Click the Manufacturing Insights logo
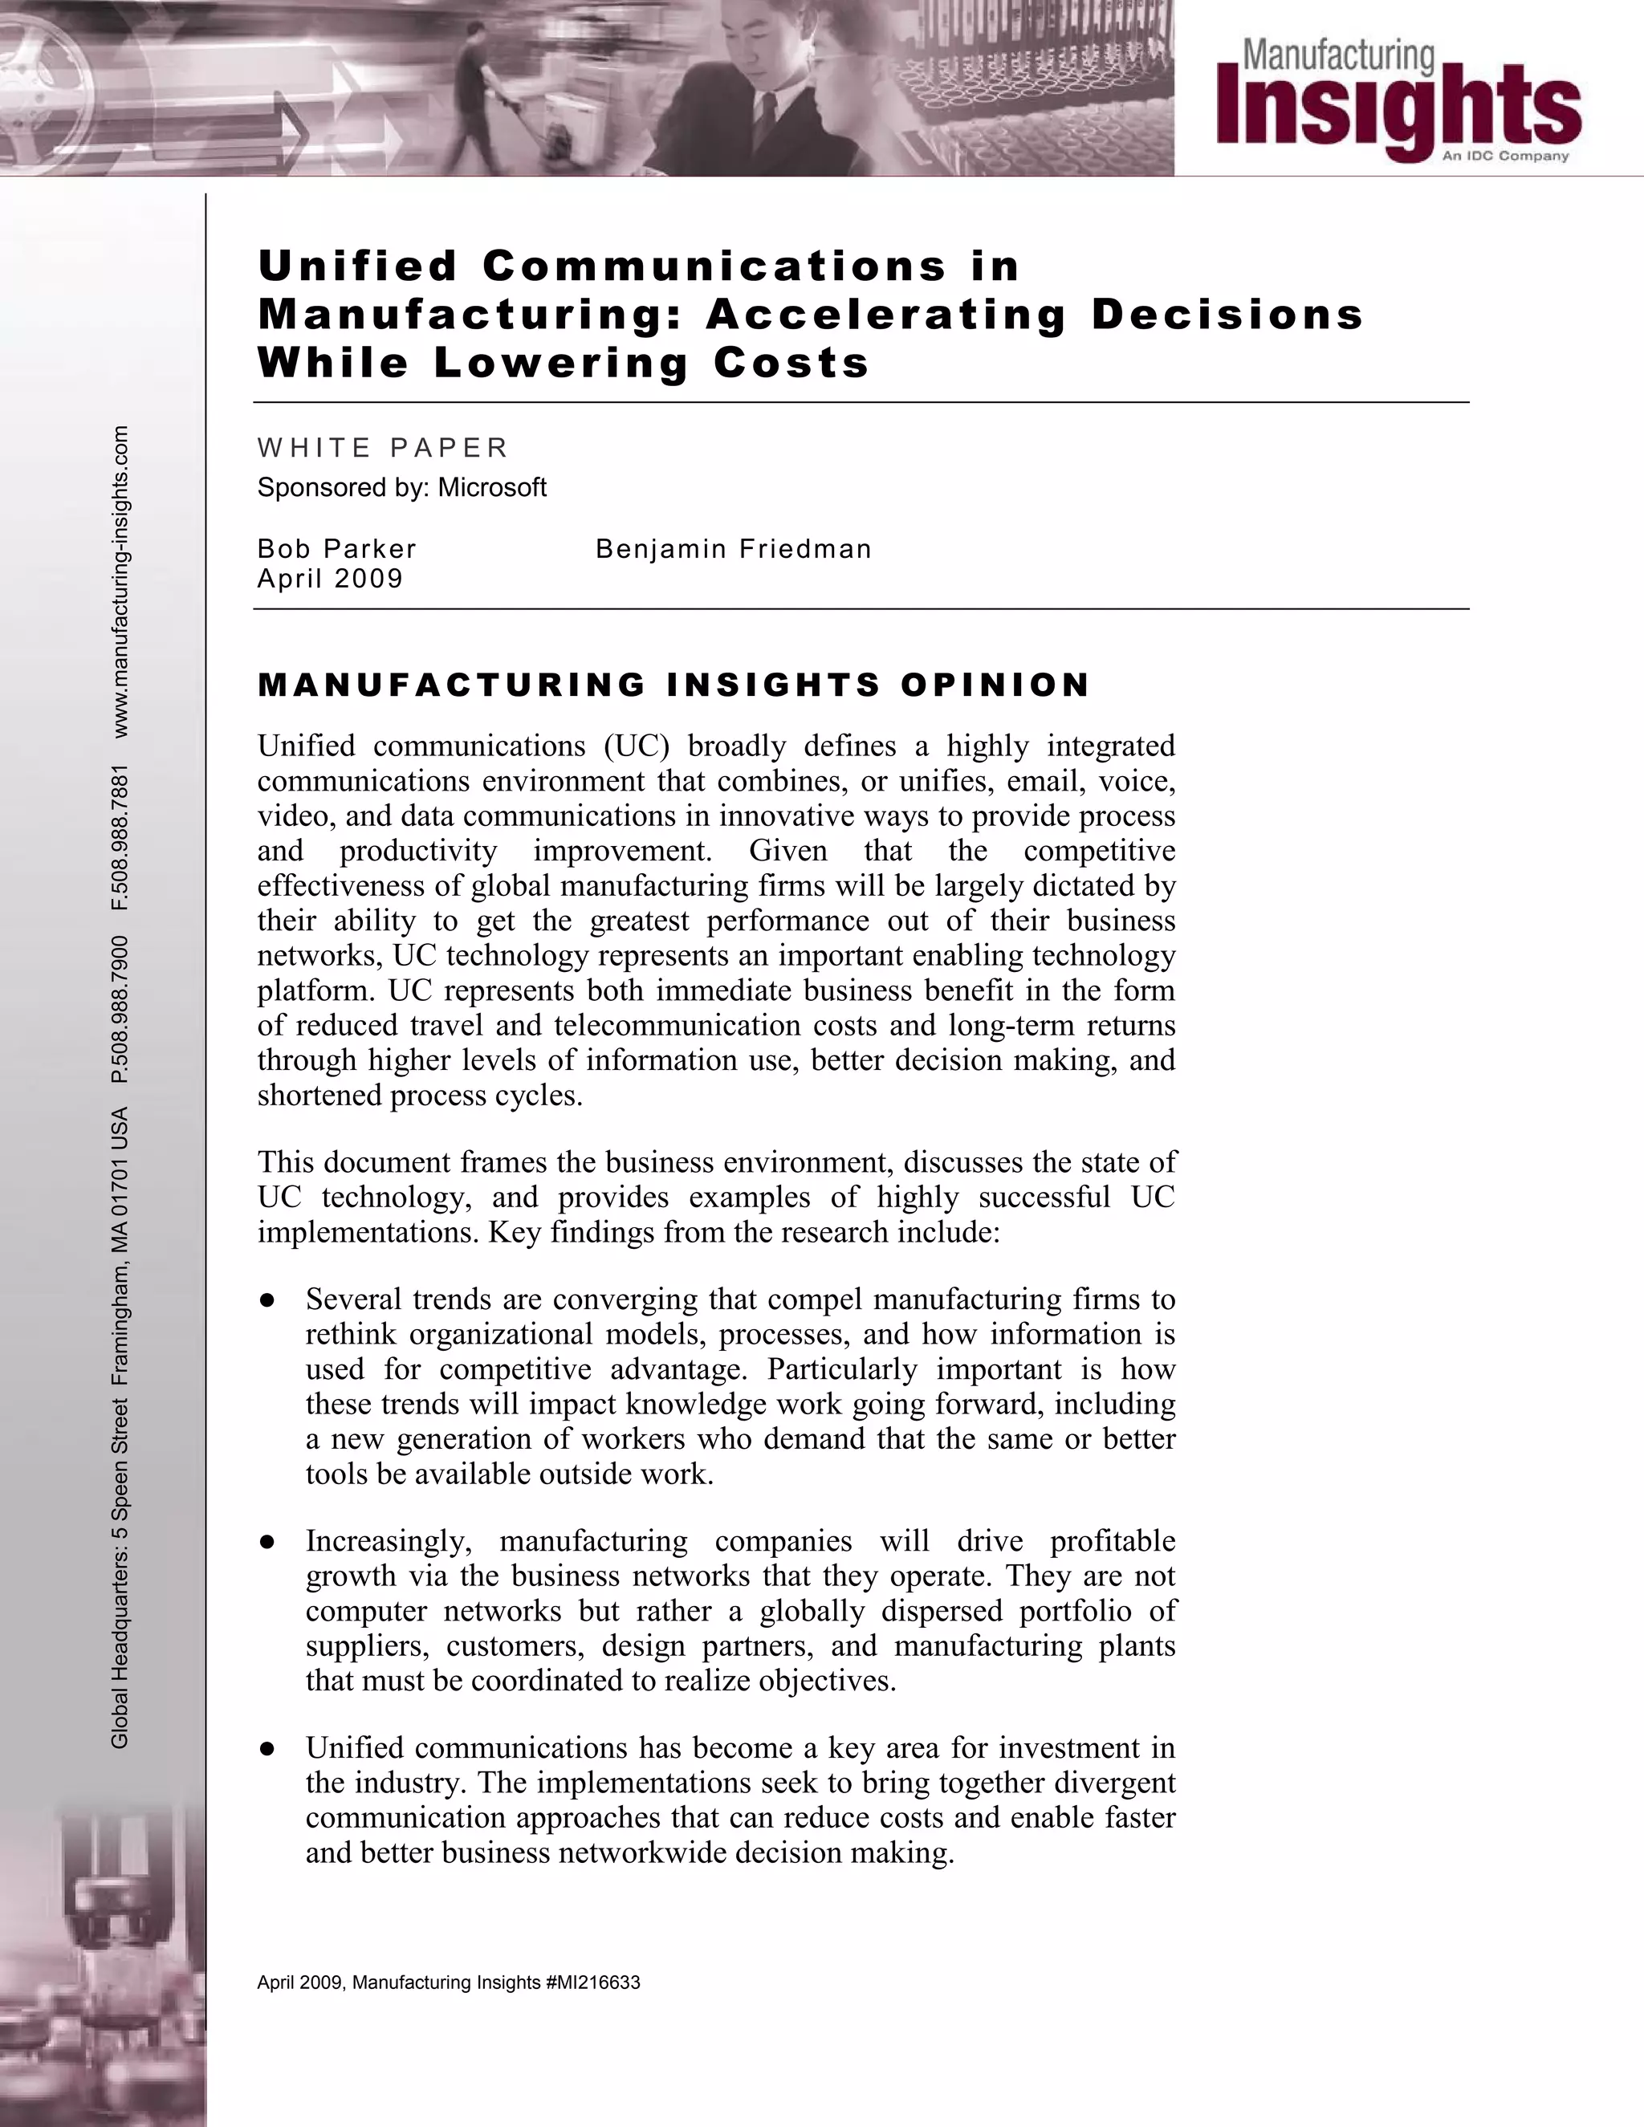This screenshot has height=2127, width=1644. click(1398, 97)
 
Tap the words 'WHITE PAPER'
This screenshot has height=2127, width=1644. click(383, 447)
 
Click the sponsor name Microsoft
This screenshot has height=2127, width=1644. click(492, 487)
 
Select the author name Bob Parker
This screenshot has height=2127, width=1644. click(337, 549)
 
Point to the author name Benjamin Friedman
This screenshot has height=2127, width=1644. click(734, 549)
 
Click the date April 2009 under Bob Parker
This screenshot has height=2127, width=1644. click(330, 579)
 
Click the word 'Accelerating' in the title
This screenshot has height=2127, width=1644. click(886, 314)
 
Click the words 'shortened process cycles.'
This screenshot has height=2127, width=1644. click(420, 1096)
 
